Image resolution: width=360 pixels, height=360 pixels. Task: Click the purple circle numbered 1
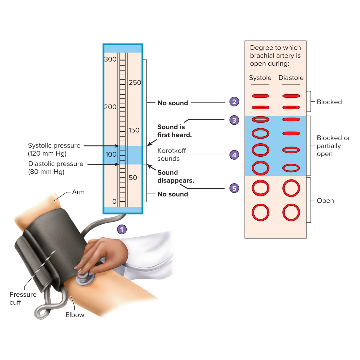coord(122,229)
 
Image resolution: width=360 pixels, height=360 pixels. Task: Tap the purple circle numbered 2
coord(234,102)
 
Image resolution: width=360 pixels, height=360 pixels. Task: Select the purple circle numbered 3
coord(234,120)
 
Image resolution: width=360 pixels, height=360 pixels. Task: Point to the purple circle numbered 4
coord(234,155)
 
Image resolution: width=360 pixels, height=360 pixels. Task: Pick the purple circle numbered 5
coord(234,188)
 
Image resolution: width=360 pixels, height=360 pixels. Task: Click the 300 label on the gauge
coord(110,60)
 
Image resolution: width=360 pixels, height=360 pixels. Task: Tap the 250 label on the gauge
coord(135,83)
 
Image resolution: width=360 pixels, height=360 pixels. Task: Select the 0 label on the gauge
coord(114,201)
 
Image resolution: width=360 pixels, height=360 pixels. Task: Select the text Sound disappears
coord(175,176)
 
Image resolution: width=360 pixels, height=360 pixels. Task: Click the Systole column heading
coord(260,78)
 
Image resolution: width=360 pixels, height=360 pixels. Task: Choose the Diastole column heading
coord(291,78)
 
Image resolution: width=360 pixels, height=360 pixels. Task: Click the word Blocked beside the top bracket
coord(329,102)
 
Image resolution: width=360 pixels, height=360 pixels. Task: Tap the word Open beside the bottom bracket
coord(325,201)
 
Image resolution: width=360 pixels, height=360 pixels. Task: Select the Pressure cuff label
coord(23,298)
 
